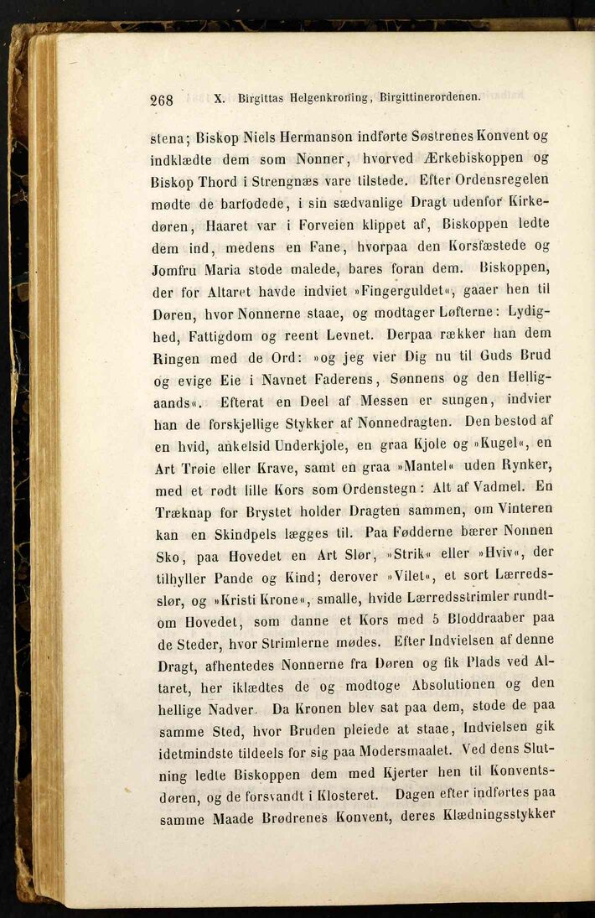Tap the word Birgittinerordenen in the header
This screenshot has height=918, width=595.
coord(430,96)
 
